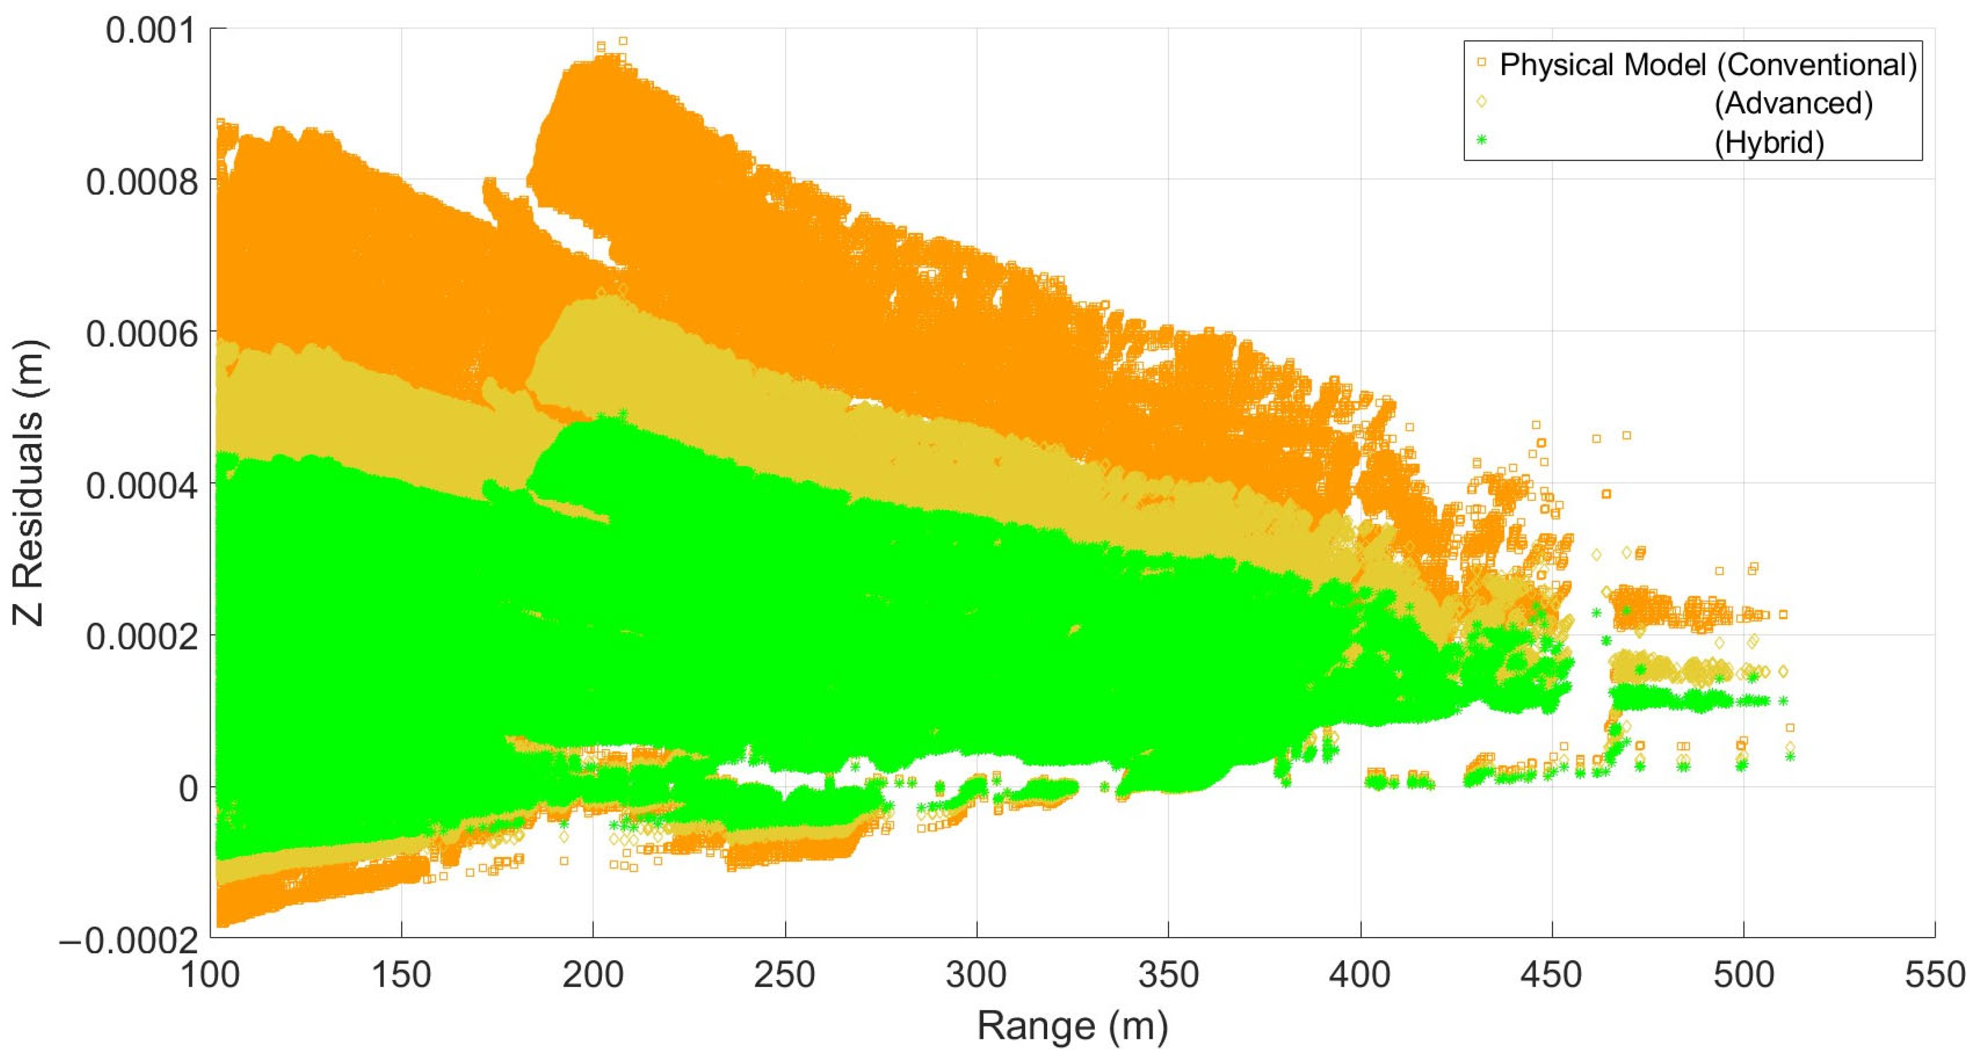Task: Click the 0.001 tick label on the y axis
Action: click(151, 31)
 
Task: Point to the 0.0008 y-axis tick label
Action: click(141, 182)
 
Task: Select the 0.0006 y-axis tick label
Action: click(141, 334)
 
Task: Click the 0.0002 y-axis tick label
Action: click(141, 637)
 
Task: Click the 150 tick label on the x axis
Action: click(401, 975)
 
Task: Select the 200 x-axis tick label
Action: click(593, 975)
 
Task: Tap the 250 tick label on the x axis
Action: click(785, 975)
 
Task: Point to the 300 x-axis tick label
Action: click(976, 975)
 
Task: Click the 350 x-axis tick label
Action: click(1168, 975)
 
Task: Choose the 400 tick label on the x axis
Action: click(1360, 975)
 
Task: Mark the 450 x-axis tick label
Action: click(1551, 975)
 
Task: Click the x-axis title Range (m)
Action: click(1073, 1026)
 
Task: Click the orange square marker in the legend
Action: click(1482, 62)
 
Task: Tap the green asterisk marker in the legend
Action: click(1482, 140)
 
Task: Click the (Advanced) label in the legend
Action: click(1793, 103)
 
